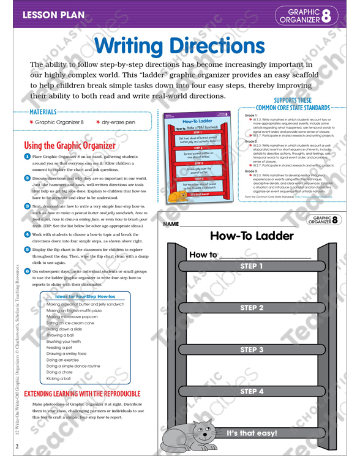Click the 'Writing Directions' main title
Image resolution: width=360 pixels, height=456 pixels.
click(x=180, y=45)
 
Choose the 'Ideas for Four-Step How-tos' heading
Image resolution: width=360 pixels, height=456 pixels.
click(x=81, y=297)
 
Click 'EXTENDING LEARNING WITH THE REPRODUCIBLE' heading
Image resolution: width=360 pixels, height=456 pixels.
click(x=81, y=394)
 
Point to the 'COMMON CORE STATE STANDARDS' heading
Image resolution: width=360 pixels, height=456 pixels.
click(x=293, y=108)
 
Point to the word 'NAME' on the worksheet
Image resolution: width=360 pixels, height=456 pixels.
click(x=171, y=225)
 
